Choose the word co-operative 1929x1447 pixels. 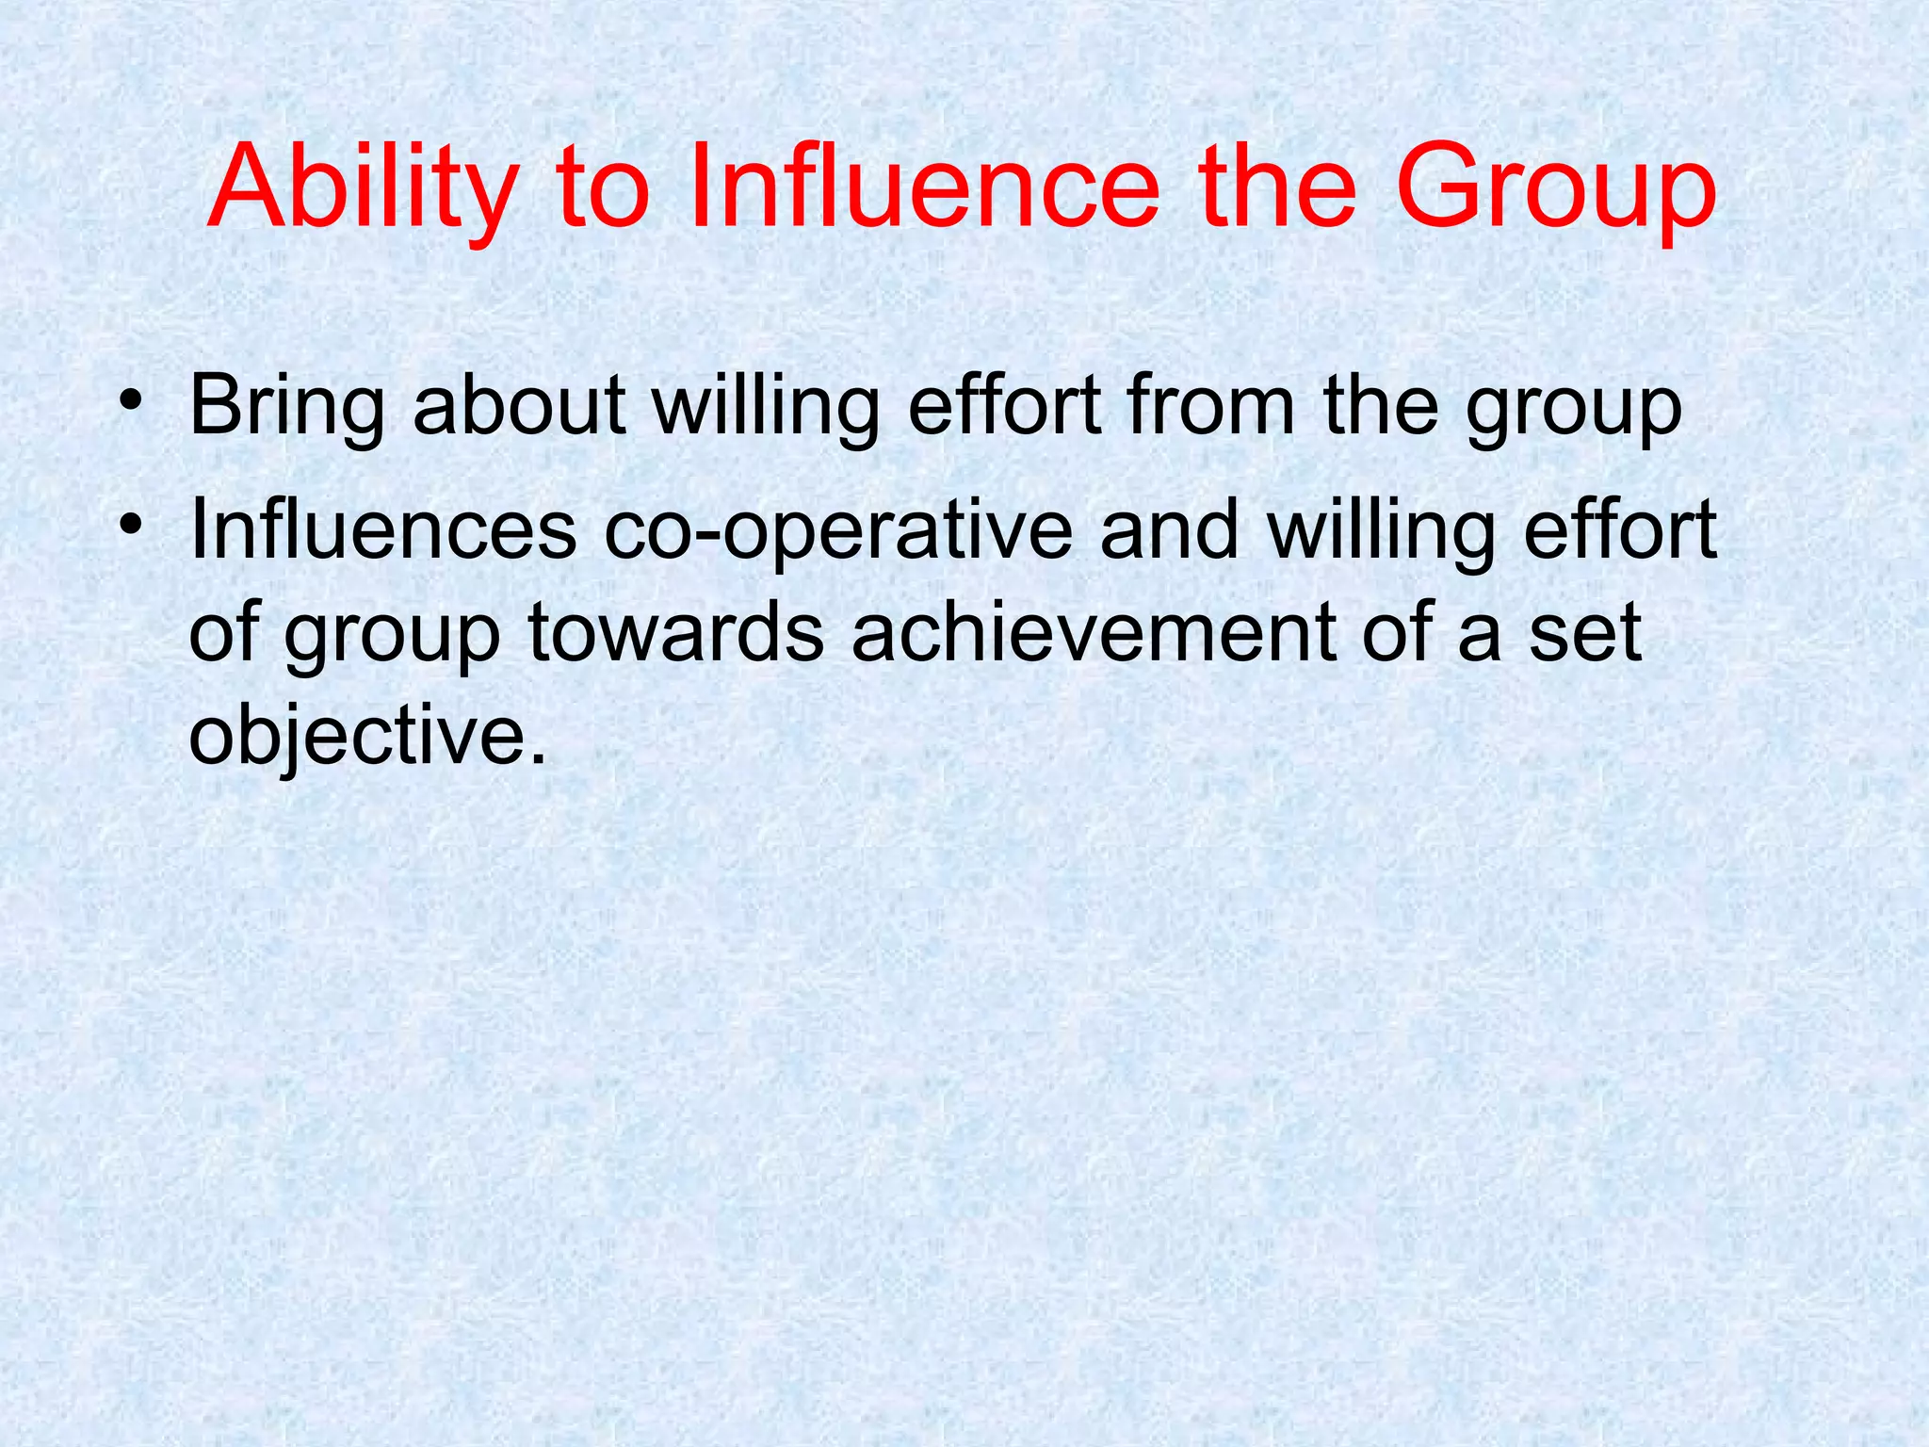coord(837,532)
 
